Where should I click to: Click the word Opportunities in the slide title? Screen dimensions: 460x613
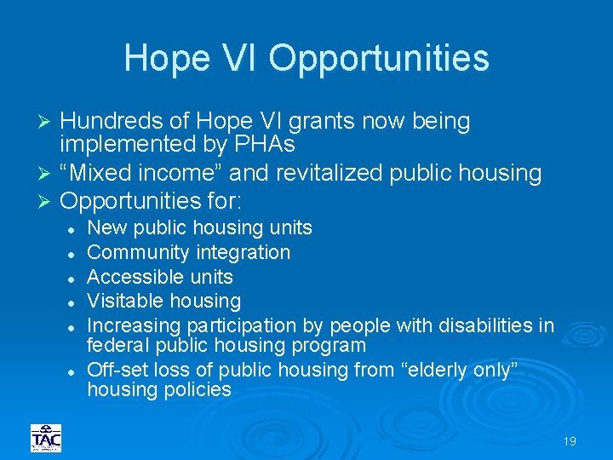click(379, 59)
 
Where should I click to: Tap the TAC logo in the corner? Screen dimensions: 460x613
click(46, 438)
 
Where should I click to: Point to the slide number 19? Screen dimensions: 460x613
click(570, 441)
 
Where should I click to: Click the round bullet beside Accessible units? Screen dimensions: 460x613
click(75, 278)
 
